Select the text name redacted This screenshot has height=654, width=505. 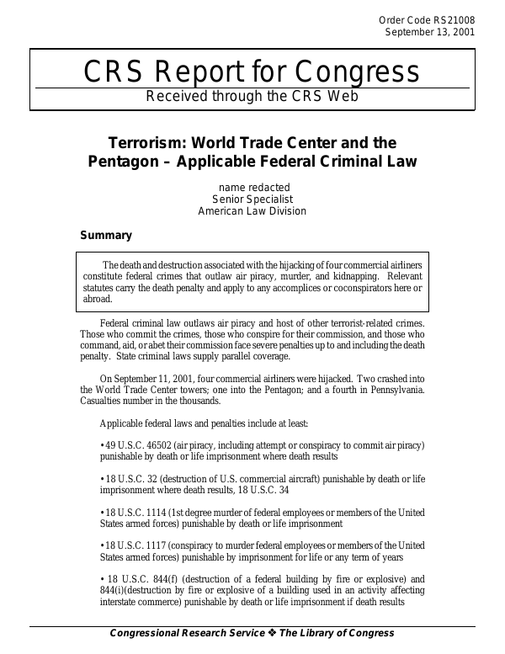252,186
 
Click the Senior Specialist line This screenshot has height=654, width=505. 252,199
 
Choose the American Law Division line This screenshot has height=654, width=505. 252,211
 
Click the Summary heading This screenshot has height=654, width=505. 105,236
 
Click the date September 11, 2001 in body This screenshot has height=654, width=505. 158,378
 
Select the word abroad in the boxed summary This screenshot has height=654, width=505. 97,298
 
